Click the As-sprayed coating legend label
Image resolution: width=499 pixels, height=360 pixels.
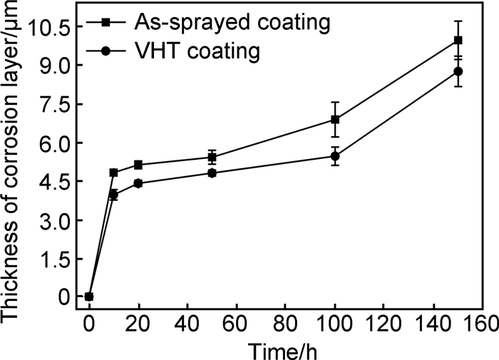point(232,23)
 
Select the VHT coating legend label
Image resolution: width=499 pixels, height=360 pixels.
point(197,51)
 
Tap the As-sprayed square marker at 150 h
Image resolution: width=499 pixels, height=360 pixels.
point(458,41)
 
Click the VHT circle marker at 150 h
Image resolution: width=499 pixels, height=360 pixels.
point(458,71)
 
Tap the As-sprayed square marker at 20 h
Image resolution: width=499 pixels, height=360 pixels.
point(138,165)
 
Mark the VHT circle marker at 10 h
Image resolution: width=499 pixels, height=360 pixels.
point(113,195)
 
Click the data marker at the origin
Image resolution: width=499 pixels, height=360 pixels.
point(89,297)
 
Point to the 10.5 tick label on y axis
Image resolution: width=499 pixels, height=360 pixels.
point(48,27)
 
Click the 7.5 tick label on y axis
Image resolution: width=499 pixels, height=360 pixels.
point(54,105)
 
